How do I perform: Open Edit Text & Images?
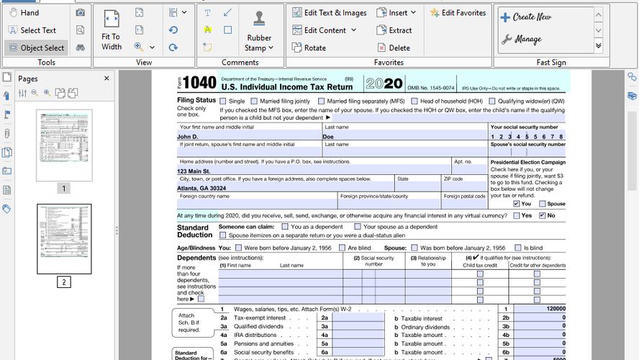click(330, 13)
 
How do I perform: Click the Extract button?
click(394, 30)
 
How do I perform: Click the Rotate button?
click(309, 48)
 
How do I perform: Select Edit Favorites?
click(458, 13)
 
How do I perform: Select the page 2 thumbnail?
click(64, 239)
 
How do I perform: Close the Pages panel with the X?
click(106, 78)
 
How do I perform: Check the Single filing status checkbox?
click(223, 102)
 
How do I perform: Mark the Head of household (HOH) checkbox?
click(414, 102)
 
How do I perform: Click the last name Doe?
click(328, 136)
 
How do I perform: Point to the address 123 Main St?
click(194, 171)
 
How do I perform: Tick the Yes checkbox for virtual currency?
click(516, 216)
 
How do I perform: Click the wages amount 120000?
click(555, 309)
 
